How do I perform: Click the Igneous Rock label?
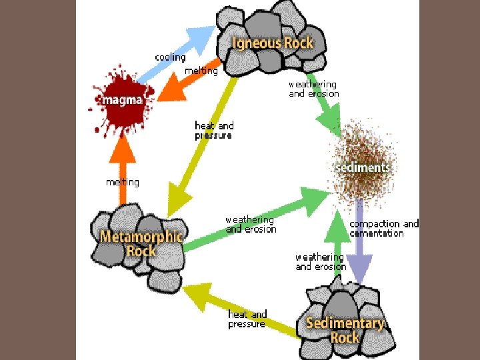pyautogui.click(x=272, y=43)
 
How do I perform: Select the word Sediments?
pyautogui.click(x=363, y=167)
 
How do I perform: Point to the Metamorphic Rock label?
pyautogui.click(x=141, y=243)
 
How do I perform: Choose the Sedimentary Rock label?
pyautogui.click(x=345, y=329)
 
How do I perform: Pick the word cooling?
pyautogui.click(x=170, y=57)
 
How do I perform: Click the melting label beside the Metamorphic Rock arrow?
pyautogui.click(x=123, y=182)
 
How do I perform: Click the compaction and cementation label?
pyautogui.click(x=384, y=229)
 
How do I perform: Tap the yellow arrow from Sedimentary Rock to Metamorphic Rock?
pyautogui.click(x=240, y=309)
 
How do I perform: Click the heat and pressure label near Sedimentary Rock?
pyautogui.click(x=247, y=319)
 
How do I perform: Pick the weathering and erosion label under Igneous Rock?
pyautogui.click(x=313, y=89)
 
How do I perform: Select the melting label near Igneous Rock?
pyautogui.click(x=201, y=71)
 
